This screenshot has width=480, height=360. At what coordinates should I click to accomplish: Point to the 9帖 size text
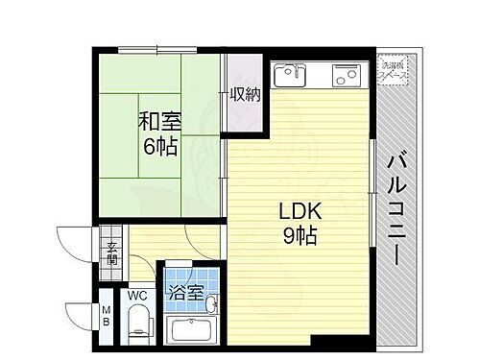pyautogui.click(x=299, y=235)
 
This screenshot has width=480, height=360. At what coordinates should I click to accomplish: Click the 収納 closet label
pyautogui.click(x=244, y=94)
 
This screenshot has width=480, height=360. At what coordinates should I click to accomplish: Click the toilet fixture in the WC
pyautogui.click(x=137, y=323)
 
